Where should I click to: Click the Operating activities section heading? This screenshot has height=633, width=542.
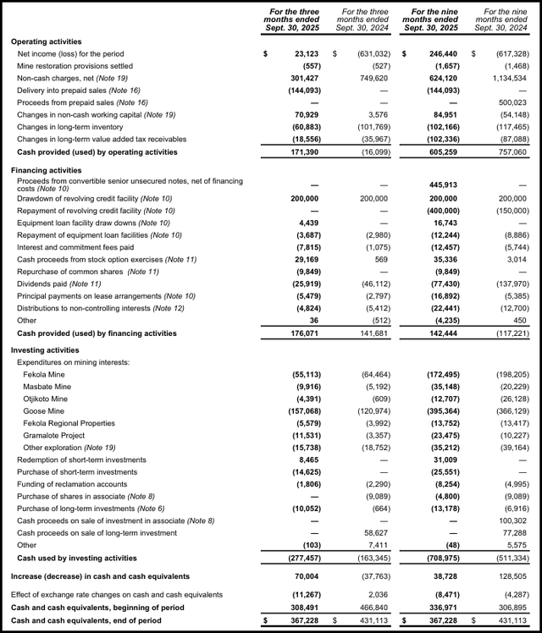pyautogui.click(x=47, y=41)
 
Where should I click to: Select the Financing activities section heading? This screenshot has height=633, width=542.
pyautogui.click(x=47, y=169)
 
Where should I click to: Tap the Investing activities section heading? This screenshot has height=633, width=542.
pyautogui.click(x=47, y=350)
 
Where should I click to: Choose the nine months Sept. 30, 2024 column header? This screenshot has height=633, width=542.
pyautogui.click(x=505, y=19)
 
